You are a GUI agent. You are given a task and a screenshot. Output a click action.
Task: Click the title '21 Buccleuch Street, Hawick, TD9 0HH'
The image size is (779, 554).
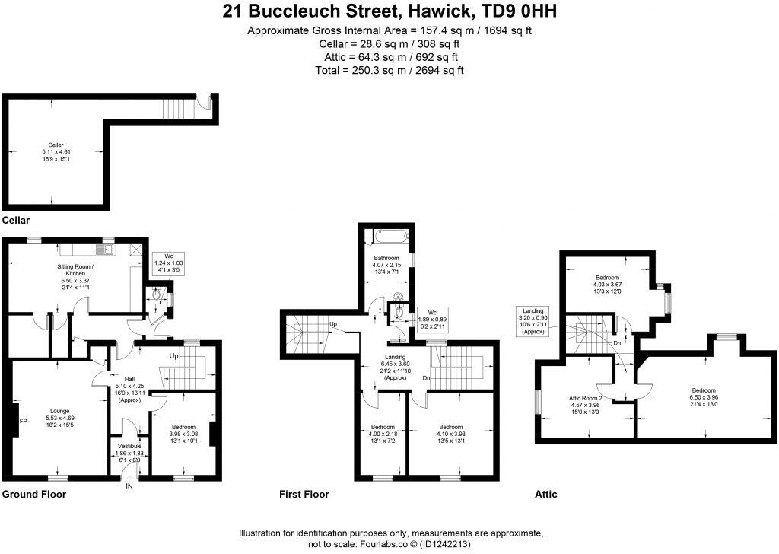coord(389,11)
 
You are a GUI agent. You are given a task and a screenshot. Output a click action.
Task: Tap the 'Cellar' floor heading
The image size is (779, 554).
coord(16,221)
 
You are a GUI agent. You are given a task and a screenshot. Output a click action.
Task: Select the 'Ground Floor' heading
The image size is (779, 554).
coord(34,495)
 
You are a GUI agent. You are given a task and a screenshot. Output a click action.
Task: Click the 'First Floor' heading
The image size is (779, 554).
coord(305,495)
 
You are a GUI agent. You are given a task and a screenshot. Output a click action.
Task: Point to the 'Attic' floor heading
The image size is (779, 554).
coord(545,495)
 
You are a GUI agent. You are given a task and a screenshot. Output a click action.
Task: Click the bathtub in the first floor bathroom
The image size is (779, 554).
coord(388,237)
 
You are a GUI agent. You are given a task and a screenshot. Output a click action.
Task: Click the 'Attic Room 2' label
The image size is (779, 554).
coord(586,398)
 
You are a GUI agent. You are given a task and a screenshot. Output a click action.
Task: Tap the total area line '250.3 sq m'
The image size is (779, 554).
coord(389,70)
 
